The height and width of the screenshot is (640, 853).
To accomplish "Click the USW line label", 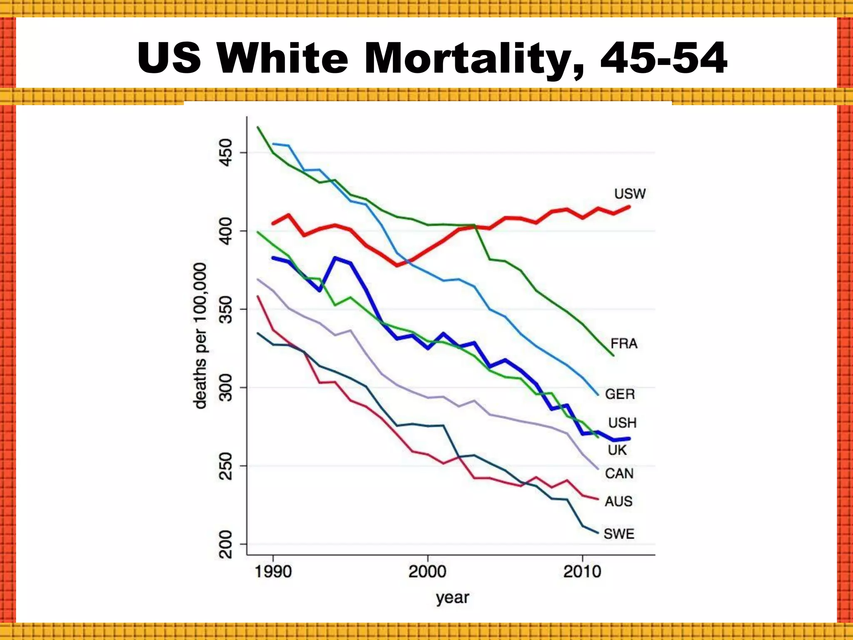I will (630, 194).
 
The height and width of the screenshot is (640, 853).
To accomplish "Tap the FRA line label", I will (624, 344).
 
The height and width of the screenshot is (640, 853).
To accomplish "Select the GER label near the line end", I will (620, 394).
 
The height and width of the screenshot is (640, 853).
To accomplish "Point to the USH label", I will (622, 423).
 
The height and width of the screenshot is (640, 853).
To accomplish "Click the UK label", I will (617, 450).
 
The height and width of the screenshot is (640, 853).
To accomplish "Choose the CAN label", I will (619, 474).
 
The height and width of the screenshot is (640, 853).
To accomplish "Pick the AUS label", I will (619, 501).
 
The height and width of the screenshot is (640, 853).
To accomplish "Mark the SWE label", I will (619, 534).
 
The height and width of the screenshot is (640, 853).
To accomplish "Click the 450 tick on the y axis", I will (225, 152).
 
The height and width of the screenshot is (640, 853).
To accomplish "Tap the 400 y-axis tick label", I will (225, 231).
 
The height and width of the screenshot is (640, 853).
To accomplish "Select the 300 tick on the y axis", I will (225, 387).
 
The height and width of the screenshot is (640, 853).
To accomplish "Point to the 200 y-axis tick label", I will (225, 544).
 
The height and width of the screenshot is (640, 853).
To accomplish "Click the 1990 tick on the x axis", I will (273, 571).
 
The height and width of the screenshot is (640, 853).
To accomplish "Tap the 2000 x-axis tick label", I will (427, 571).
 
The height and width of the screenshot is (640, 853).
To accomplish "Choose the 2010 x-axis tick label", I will (582, 571).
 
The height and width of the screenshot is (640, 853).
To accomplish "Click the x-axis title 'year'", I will (452, 598).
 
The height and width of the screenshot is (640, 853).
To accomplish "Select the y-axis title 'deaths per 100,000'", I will (200, 336).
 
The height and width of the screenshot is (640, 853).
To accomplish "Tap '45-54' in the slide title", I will (664, 58).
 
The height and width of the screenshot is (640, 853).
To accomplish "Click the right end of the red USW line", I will (629, 207).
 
